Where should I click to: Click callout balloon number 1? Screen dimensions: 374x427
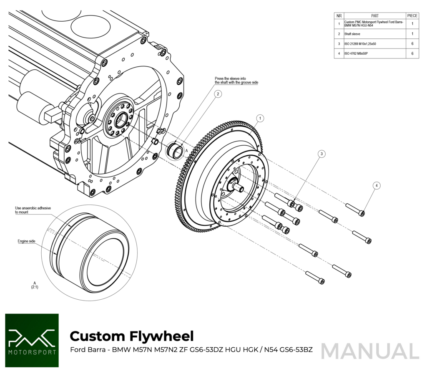coord(259,119)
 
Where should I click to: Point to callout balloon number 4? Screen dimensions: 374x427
coord(377,185)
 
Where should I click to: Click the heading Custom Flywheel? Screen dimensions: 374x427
coord(131,336)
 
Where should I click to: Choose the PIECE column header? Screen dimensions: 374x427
coord(412,15)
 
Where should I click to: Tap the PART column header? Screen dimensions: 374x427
coord(374,15)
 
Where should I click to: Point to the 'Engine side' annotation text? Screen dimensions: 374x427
coord(26,241)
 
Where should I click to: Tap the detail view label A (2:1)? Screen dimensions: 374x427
coord(35,285)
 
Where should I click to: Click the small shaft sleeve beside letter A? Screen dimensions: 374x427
coord(175,151)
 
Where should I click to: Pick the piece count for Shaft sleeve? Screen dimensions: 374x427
coord(412,34)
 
